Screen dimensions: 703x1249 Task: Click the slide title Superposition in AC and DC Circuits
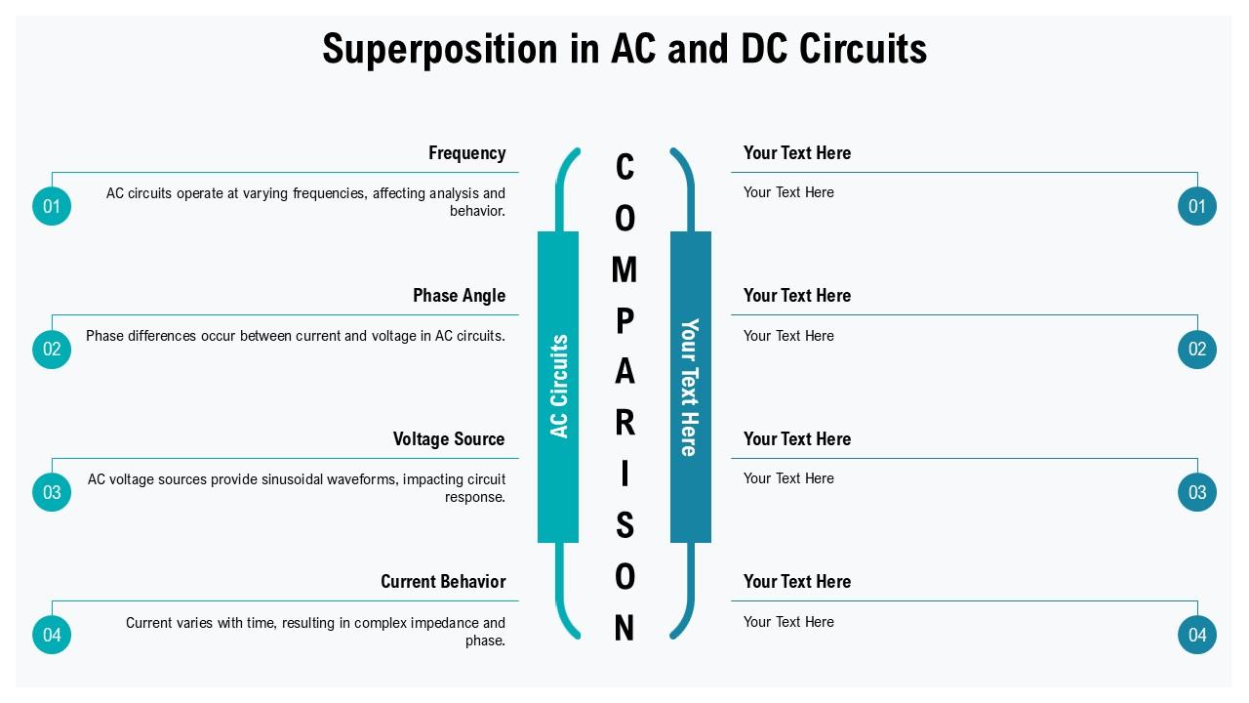624,49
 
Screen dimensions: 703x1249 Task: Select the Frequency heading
466,153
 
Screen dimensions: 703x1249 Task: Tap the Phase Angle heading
459,296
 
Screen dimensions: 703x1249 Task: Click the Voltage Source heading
449,439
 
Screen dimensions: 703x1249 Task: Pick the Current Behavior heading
443,582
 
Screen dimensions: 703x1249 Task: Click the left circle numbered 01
52,206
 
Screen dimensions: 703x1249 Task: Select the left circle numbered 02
52,350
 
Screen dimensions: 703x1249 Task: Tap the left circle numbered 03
52,492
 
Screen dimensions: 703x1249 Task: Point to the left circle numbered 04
52,635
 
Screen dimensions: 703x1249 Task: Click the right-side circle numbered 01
1197,206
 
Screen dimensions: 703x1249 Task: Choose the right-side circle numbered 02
1197,350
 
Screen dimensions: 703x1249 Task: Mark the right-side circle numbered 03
1197,492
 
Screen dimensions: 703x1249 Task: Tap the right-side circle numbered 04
1197,635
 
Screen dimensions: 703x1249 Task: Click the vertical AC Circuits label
559,387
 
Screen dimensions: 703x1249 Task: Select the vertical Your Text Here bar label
690,387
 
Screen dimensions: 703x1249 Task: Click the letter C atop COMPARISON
624,168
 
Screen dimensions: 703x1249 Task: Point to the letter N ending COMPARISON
624,629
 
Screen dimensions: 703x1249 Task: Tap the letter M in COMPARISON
624,269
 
